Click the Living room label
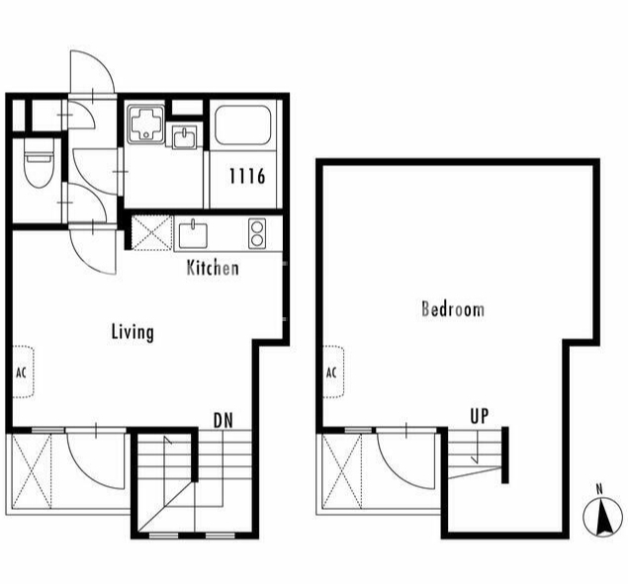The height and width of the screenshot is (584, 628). (133, 333)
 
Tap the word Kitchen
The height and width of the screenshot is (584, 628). (213, 268)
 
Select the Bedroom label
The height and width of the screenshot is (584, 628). (453, 309)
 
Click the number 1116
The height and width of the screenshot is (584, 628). (247, 176)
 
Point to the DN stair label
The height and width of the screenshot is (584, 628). (224, 420)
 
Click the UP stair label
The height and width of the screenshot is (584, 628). (480, 416)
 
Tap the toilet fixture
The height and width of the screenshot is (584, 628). (39, 163)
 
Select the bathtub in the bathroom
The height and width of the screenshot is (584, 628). (243, 125)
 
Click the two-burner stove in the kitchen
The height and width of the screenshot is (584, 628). (257, 232)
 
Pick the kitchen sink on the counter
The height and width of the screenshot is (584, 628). (193, 234)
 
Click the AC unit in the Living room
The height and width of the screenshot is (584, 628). (23, 372)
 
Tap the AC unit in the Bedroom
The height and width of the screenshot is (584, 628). (333, 372)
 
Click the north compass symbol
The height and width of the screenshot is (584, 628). (602, 517)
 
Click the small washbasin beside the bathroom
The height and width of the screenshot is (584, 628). (184, 137)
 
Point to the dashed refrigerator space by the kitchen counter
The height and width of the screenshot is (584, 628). (152, 233)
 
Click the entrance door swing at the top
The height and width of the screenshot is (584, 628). (93, 72)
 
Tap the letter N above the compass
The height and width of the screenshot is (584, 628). (599, 489)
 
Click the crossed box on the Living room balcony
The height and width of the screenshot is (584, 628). (32, 471)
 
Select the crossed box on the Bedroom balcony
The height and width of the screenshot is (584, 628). (341, 471)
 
